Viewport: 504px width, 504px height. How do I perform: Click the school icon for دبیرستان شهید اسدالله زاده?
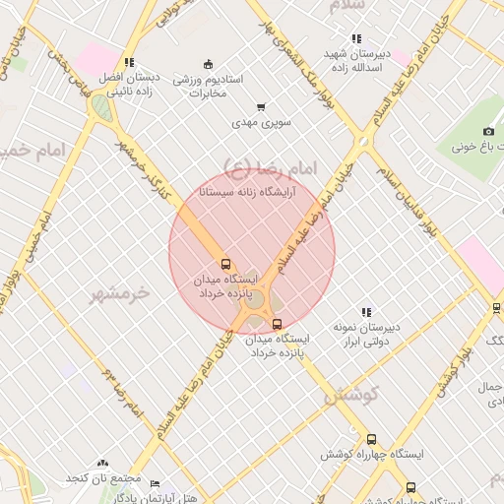click(x=356, y=38)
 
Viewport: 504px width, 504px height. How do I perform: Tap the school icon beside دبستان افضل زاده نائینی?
click(x=130, y=63)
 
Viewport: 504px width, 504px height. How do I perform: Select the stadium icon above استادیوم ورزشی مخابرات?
click(x=207, y=65)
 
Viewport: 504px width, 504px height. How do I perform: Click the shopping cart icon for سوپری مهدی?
click(x=261, y=107)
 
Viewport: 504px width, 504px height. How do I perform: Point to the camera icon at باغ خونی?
click(x=488, y=132)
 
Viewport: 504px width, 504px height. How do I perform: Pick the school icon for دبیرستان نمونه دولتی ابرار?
click(x=366, y=312)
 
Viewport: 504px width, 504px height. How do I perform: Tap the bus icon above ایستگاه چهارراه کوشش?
click(x=371, y=440)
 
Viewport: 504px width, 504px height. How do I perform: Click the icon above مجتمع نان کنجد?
click(x=102, y=464)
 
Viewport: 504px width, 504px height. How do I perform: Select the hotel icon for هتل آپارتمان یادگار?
click(x=154, y=482)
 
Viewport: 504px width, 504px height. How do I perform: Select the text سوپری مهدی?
click(x=257, y=124)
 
